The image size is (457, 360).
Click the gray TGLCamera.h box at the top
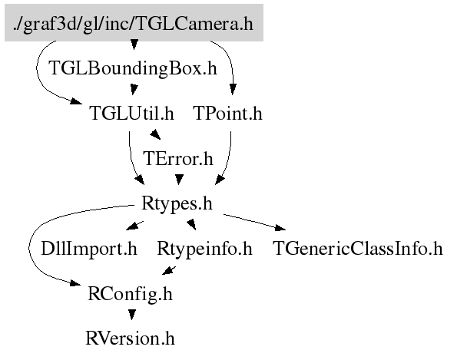coord(134,23)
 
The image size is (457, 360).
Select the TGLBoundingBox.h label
coord(133,68)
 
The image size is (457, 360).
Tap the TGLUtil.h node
coord(132,114)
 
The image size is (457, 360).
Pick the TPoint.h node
coord(228,114)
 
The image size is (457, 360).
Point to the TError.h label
coord(178,159)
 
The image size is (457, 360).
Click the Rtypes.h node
coord(177,203)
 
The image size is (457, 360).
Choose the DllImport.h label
coord(89,249)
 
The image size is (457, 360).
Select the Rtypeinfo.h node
coord(204,249)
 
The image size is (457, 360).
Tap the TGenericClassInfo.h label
coord(358,249)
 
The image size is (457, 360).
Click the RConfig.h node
coord(131,294)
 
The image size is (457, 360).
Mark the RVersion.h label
coord(130,339)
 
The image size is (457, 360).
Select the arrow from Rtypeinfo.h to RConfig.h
coord(169,271)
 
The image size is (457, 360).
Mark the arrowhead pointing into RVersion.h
coord(132,315)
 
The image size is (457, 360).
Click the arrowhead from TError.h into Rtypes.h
coord(179,180)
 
